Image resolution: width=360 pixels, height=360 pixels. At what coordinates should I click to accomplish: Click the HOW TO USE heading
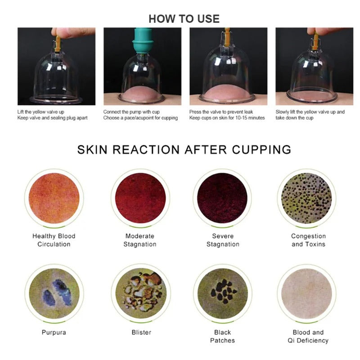184,18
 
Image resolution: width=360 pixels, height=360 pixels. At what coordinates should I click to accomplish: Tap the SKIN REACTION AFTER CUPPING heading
184,149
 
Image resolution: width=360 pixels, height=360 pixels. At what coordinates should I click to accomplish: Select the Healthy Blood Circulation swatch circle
54,198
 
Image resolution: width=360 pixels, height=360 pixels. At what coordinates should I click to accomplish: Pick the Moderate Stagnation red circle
140,198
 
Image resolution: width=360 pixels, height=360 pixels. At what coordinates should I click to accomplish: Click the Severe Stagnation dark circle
222,198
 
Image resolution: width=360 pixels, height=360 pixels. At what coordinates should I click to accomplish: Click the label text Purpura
54,333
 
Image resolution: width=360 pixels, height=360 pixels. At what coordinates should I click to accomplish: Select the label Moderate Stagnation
140,240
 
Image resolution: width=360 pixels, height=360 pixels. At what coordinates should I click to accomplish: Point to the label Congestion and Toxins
308,240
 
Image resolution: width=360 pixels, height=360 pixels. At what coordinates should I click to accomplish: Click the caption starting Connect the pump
140,115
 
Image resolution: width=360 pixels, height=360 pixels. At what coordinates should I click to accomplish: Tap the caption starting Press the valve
227,115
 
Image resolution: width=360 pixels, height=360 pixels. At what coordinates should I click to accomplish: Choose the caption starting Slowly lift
310,115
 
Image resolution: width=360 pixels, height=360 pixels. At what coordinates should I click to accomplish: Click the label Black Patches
222,336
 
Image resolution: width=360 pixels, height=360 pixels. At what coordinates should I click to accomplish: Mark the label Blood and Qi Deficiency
308,336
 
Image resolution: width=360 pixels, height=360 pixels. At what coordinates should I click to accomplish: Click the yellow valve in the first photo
58,43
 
